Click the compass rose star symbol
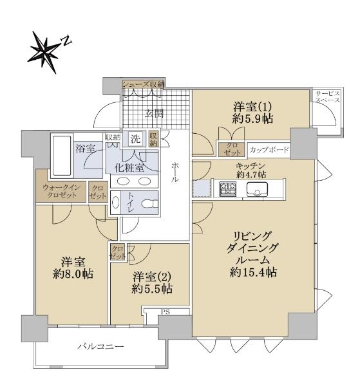(x=44, y=51)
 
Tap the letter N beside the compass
(x=66, y=41)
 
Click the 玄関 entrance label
(x=154, y=113)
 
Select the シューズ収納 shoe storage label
(x=144, y=84)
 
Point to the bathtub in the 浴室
(x=62, y=156)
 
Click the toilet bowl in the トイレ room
(x=149, y=204)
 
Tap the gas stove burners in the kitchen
(x=228, y=188)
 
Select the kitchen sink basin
(x=257, y=188)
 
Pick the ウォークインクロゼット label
(x=61, y=191)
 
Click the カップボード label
(x=269, y=150)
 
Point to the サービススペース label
(x=327, y=96)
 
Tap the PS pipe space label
(x=166, y=312)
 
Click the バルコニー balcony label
(x=100, y=347)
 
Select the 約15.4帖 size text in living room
(x=253, y=272)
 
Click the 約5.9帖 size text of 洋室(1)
(x=252, y=119)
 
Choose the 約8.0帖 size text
(x=73, y=273)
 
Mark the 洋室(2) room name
(x=152, y=277)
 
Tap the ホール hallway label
(x=175, y=172)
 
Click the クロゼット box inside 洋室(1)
(x=232, y=149)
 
